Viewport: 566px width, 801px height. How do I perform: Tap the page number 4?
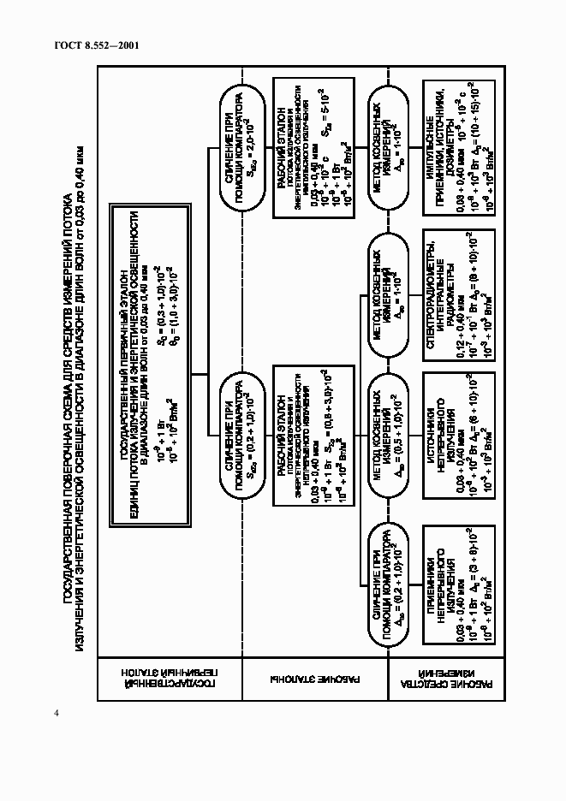pyautogui.click(x=57, y=715)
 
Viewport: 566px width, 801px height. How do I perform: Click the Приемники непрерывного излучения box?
pyautogui.click(x=456, y=584)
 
